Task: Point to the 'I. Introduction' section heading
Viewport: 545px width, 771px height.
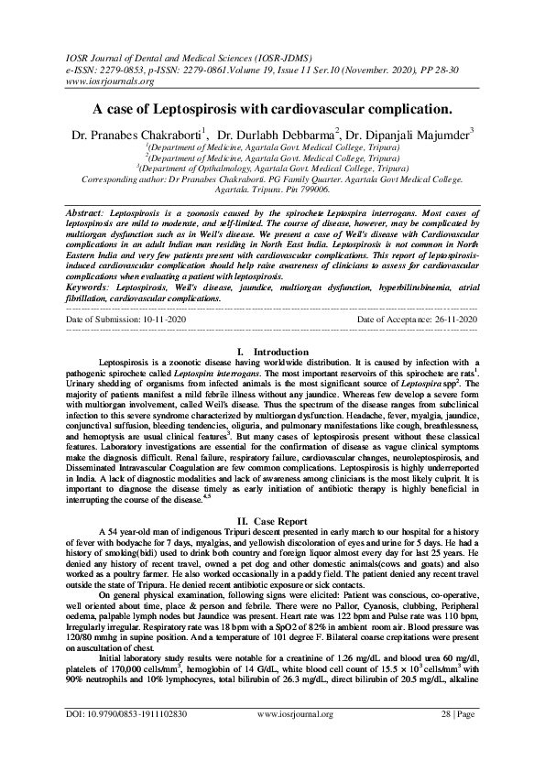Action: point(272,353)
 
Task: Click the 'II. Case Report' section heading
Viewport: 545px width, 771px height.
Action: point(272,519)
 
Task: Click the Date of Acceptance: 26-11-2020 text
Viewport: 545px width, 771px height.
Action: point(418,319)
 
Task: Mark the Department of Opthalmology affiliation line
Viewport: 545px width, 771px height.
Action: point(272,168)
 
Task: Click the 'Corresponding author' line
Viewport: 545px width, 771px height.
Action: point(272,179)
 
